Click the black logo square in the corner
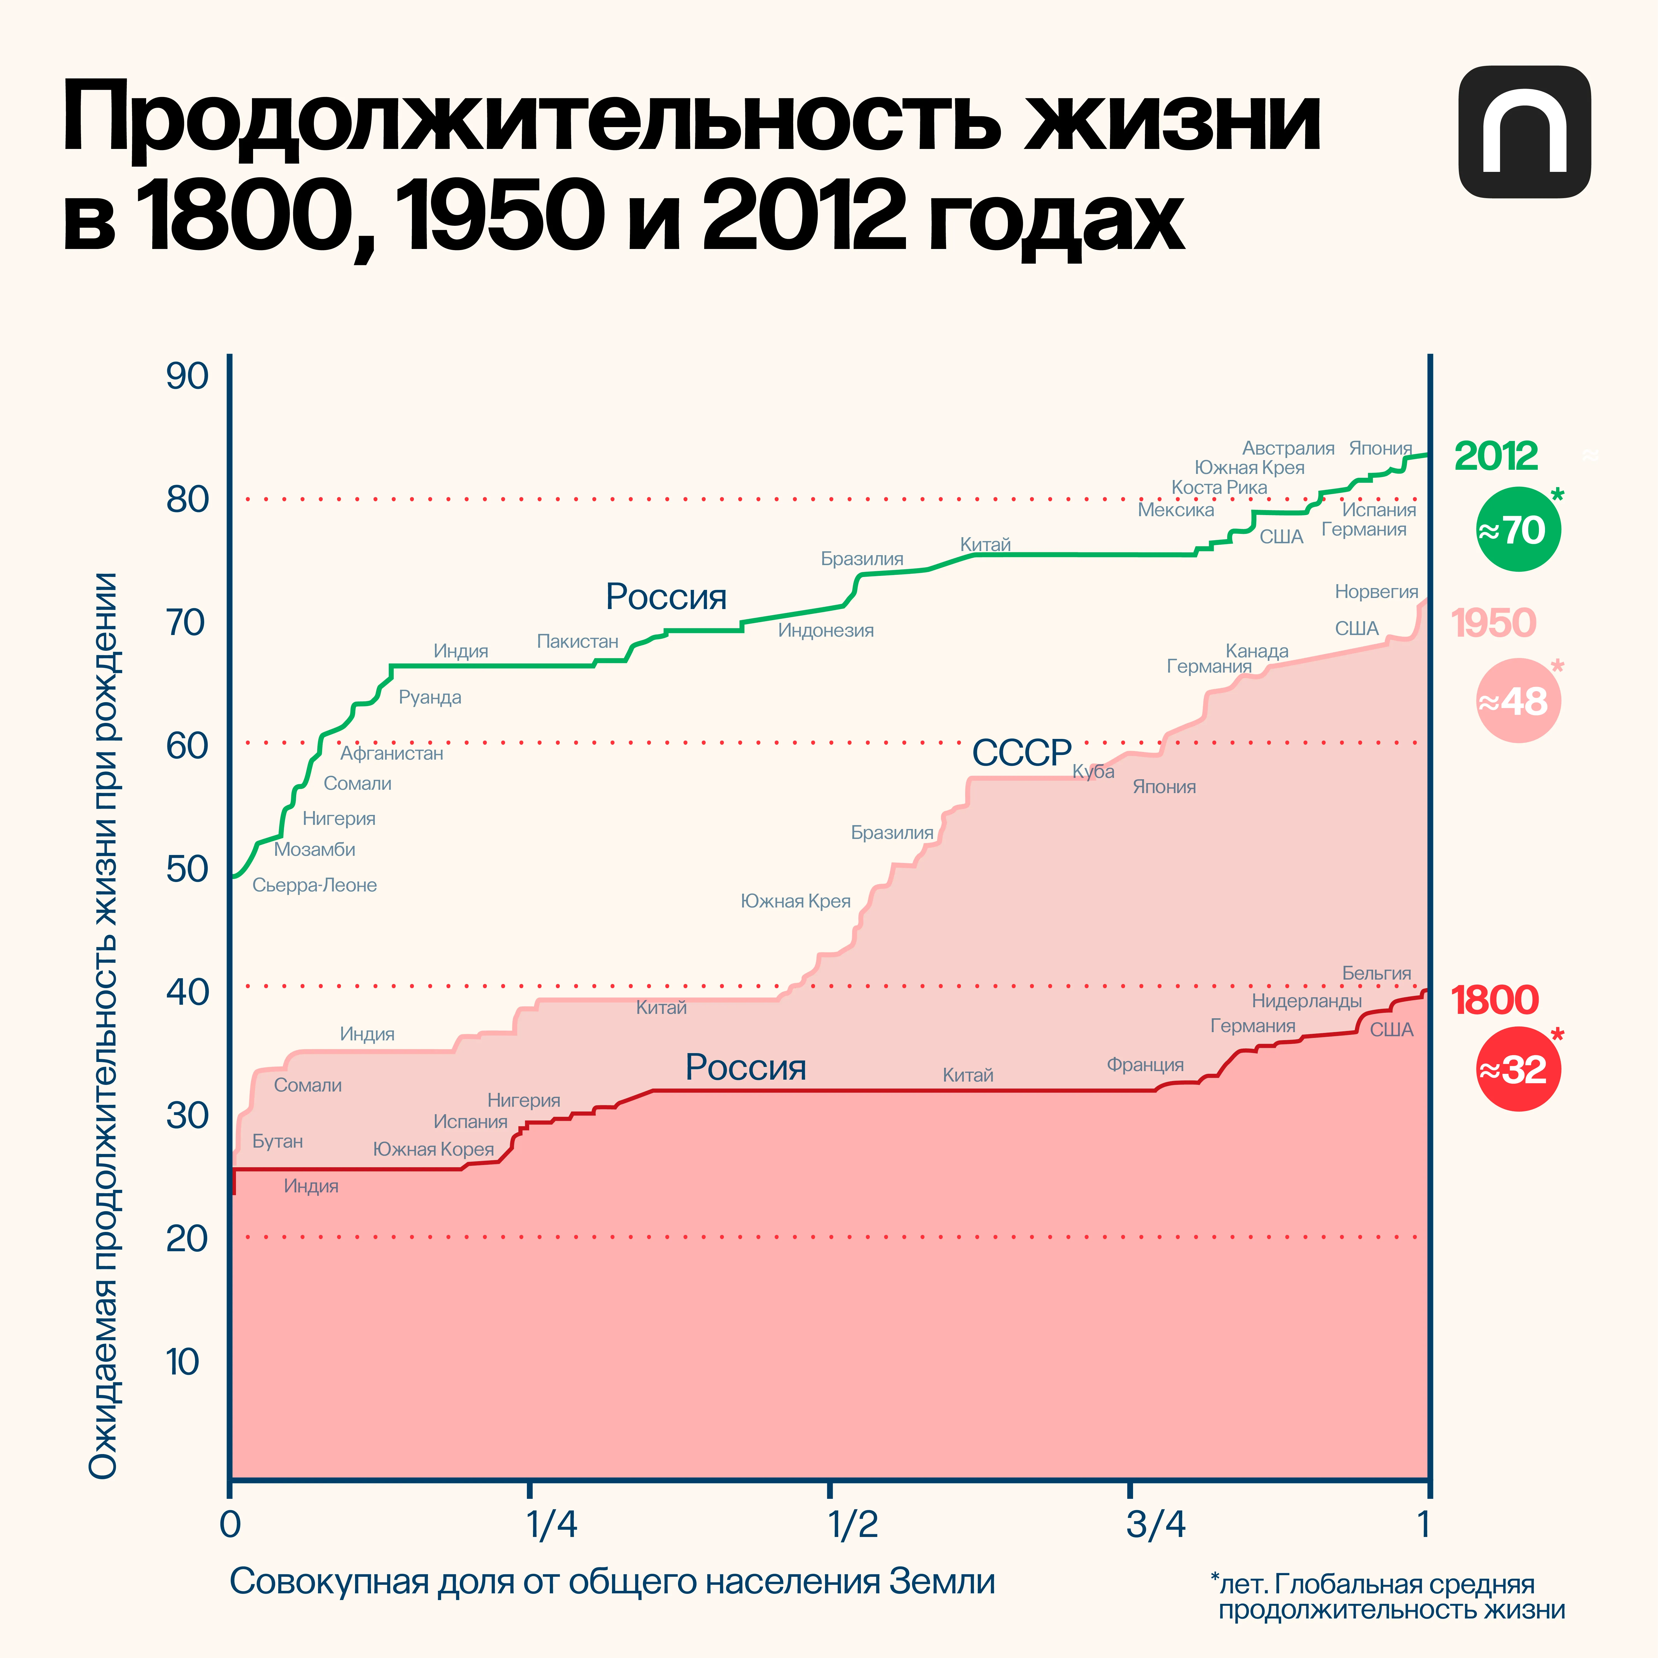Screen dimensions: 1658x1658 (x=1524, y=132)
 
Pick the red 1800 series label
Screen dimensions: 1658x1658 (x=1494, y=1000)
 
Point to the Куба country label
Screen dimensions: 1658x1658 (x=1093, y=772)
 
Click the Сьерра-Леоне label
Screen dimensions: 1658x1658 (x=314, y=885)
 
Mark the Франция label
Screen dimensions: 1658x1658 (x=1145, y=1065)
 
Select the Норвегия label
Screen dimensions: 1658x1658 (x=1376, y=591)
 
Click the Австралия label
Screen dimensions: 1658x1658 (x=1288, y=448)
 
